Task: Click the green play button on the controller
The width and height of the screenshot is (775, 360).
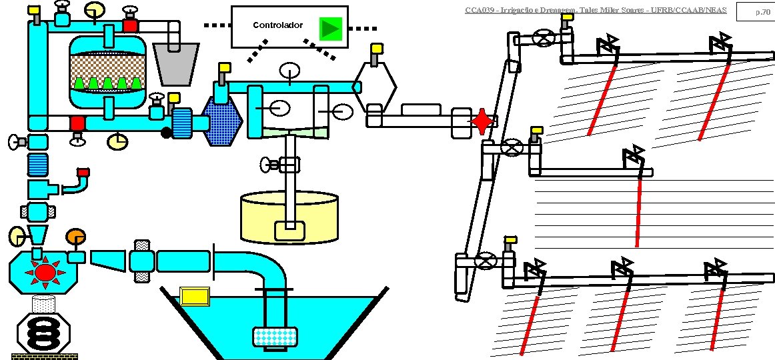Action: [329, 28]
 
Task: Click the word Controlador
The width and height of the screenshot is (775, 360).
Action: [277, 25]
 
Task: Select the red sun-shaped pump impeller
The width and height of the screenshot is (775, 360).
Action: [45, 272]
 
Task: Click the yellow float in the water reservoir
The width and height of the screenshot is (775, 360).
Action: [195, 295]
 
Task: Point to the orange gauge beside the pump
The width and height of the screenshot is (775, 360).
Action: [75, 237]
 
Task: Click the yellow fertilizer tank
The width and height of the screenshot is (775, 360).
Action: [289, 217]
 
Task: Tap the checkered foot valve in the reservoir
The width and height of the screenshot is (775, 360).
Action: [274, 337]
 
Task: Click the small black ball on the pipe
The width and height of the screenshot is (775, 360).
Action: [166, 133]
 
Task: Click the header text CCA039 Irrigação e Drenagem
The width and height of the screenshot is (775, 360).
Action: [595, 10]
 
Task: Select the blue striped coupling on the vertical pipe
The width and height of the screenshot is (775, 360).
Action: [37, 163]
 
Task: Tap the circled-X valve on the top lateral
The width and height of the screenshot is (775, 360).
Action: [545, 39]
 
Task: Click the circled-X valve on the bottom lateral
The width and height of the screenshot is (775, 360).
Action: [488, 261]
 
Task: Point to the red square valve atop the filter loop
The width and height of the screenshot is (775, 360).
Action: [130, 26]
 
